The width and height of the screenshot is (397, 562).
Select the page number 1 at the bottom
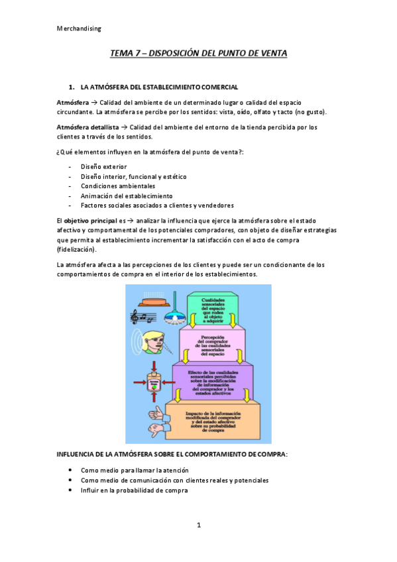coord(198,526)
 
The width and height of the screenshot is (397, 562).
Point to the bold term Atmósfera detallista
coord(88,127)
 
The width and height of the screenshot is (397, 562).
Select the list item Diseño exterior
coord(103,166)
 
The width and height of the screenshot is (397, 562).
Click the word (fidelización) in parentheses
coord(77,250)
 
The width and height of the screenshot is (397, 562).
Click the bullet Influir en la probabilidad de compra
coord(134,490)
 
